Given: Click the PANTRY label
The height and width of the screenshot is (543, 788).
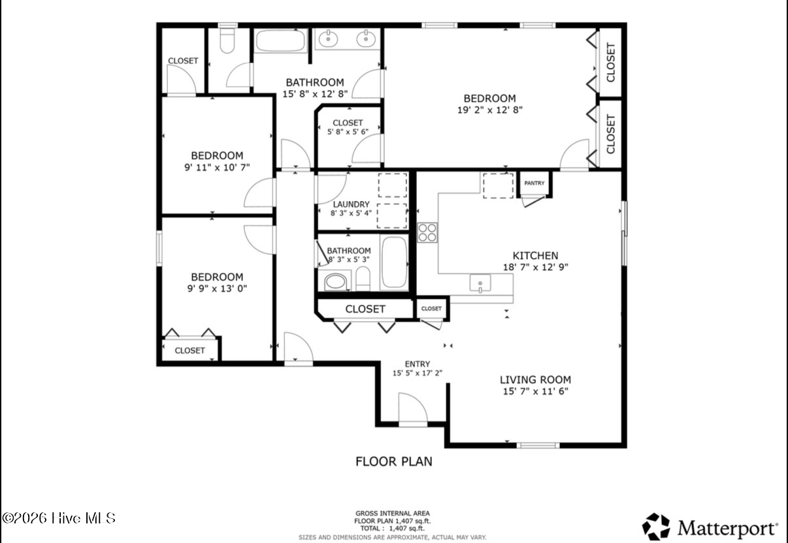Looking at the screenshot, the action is pos(534,183).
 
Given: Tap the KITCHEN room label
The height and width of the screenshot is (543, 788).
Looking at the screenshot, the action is pos(535,255).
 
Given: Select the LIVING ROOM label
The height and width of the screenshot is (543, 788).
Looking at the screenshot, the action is pos(535,380).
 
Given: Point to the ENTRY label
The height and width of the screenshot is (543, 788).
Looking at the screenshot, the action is pos(418,364).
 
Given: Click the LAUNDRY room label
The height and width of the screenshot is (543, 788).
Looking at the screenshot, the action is pos(351,204).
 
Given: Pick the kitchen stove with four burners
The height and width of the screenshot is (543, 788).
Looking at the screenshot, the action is pos(427,232).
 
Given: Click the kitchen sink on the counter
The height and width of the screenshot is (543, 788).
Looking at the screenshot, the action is pos(480,283).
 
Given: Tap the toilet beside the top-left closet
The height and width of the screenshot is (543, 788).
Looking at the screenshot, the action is pos(227,40).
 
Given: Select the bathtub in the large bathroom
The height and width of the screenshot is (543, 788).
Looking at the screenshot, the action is pos(280,40).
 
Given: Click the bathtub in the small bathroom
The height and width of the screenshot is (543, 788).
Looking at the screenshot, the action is pos(394,262).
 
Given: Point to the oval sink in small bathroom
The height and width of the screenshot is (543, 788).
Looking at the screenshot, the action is pos(335,282).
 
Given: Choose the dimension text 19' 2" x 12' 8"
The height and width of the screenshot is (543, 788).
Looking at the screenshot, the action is pos(489,110).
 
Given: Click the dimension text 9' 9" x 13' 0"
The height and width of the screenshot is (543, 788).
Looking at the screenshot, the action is pos(217,288).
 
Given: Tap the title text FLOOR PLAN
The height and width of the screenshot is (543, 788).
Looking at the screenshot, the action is pos(393,461).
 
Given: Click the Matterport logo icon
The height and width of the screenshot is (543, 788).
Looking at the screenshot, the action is pos(656,527).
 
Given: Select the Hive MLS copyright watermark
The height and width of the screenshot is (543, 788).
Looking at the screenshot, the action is pos(59,518).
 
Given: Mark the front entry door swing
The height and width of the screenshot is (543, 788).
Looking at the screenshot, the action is pos(413,409).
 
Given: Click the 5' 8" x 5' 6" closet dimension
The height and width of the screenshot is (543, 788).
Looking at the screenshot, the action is pos(348,132).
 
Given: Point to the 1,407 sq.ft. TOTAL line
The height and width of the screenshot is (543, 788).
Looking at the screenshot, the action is pos(392,528).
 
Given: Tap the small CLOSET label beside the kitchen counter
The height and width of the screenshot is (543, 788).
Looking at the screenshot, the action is pos(431,309).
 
